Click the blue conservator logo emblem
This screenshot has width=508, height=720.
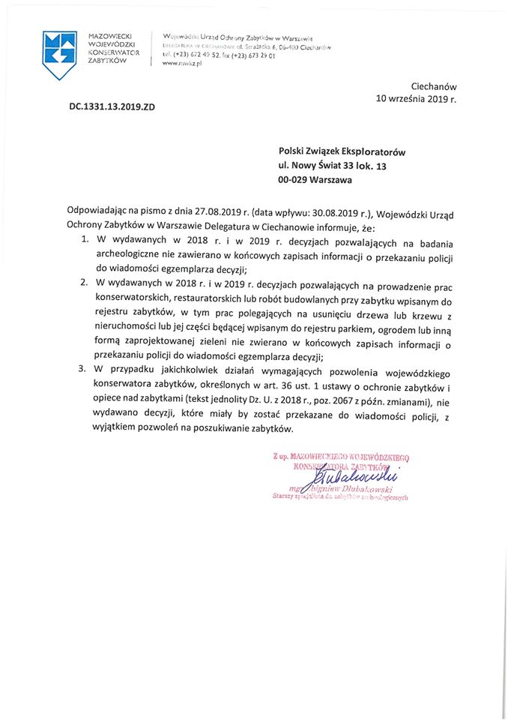[x=60, y=54]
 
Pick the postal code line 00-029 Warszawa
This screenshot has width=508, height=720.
[x=315, y=180]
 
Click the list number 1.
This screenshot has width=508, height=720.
[x=83, y=241]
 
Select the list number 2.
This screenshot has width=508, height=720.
[x=83, y=286]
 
